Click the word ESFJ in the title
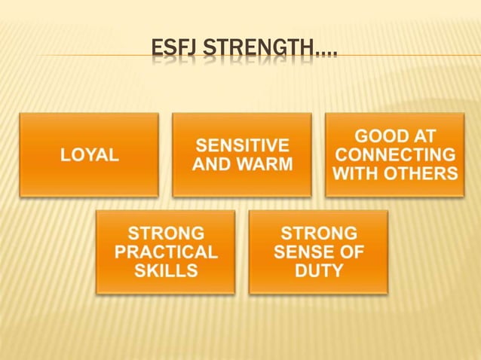coord(171,51)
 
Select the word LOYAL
coord(90,155)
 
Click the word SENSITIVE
coord(242,145)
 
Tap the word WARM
coord(265,163)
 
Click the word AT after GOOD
coord(422,136)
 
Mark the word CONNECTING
coord(395,155)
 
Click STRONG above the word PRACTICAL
coord(166,233)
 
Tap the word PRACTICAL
coord(166,252)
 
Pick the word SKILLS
coord(166,270)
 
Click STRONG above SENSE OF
coord(318,233)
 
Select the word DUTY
coord(318,270)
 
